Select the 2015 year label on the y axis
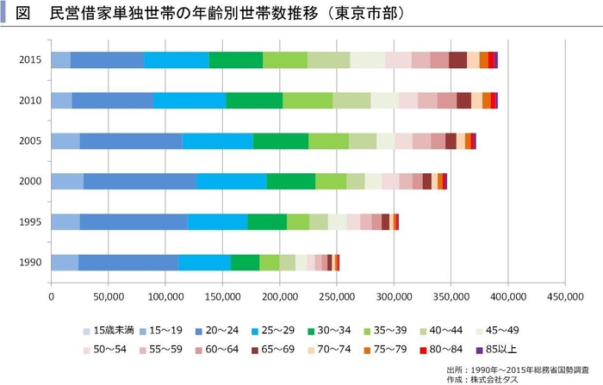pyautogui.click(x=26, y=59)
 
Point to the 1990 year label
pyautogui.click(x=26, y=263)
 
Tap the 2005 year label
pyautogui.click(x=26, y=141)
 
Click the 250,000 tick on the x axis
pyautogui.click(x=337, y=296)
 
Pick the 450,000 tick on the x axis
pyautogui.click(x=564, y=296)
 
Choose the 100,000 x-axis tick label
pyautogui.click(x=165, y=296)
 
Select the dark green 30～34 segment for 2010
pyautogui.click(x=254, y=100)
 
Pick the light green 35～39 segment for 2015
pyautogui.click(x=285, y=59)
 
